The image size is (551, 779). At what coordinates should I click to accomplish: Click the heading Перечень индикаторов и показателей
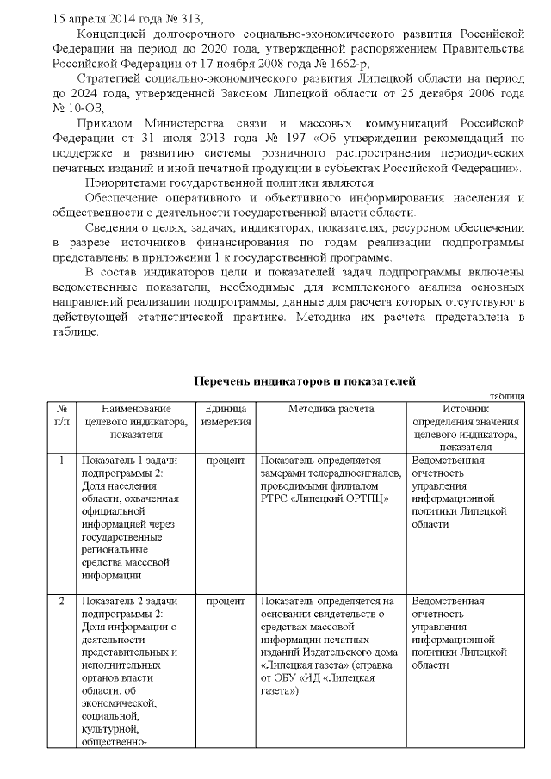click(x=305, y=380)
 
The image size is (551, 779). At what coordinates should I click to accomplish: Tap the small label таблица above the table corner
click(x=506, y=394)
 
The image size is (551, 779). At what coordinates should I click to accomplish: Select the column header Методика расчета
click(x=331, y=408)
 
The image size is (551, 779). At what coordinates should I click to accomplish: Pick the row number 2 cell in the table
click(x=62, y=600)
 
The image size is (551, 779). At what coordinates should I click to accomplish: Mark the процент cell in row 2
click(x=226, y=600)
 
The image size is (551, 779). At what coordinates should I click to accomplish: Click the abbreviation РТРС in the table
click(x=275, y=498)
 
